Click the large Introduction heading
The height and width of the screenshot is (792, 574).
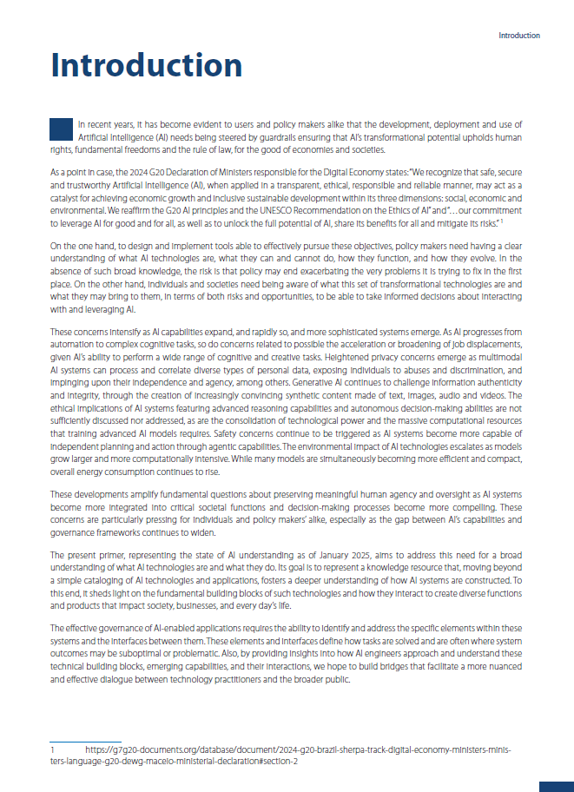pos(146,65)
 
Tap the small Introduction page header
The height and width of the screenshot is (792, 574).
pos(518,36)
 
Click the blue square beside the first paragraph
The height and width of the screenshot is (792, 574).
pos(61,129)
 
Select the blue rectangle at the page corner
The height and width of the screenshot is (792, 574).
pos(557,786)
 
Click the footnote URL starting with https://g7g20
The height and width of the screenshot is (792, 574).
pos(300,748)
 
